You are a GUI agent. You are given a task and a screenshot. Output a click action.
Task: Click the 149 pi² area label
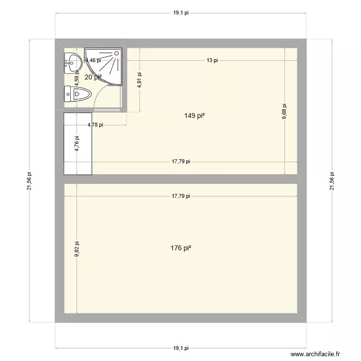click(x=194, y=116)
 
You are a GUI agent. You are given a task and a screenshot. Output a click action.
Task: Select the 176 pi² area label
click(x=181, y=248)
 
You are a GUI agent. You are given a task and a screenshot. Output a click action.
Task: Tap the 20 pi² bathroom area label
click(x=93, y=77)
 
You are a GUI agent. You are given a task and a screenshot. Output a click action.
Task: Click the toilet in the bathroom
click(x=77, y=94)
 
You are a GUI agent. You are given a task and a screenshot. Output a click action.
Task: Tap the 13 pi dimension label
click(x=212, y=60)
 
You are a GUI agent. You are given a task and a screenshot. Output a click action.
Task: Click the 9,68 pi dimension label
click(x=284, y=112)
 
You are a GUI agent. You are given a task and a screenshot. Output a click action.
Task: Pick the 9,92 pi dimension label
click(x=77, y=249)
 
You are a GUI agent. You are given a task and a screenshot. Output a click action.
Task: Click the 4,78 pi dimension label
click(x=95, y=125)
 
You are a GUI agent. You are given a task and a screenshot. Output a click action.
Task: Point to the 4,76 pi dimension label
click(x=77, y=144)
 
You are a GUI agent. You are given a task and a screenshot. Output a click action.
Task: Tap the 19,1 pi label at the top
click(x=180, y=13)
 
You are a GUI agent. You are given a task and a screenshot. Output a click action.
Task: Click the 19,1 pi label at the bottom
click(x=180, y=348)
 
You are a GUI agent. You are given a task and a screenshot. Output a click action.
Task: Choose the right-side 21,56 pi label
click(x=331, y=181)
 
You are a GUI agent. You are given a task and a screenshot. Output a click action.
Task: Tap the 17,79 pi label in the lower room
click(x=180, y=196)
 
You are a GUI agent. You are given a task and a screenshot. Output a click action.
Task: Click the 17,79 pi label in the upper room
click(x=180, y=162)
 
